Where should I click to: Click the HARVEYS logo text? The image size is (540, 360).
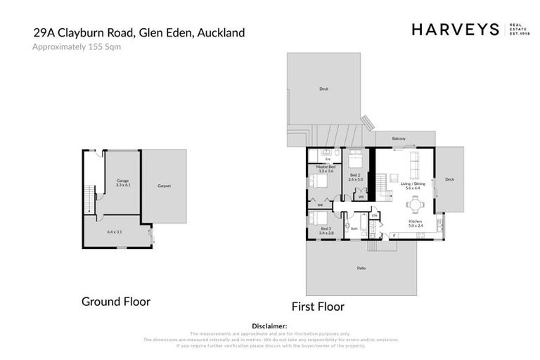455,29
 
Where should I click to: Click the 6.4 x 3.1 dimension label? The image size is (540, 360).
115,231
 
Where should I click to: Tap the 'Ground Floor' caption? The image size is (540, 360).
116,302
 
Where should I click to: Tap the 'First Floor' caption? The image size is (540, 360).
318,307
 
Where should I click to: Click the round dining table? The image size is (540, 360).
415,206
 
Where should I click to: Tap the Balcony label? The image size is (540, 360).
399,139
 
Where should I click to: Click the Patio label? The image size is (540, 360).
361,268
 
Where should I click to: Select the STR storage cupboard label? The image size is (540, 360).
375,214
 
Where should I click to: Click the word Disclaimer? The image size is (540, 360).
270,326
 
